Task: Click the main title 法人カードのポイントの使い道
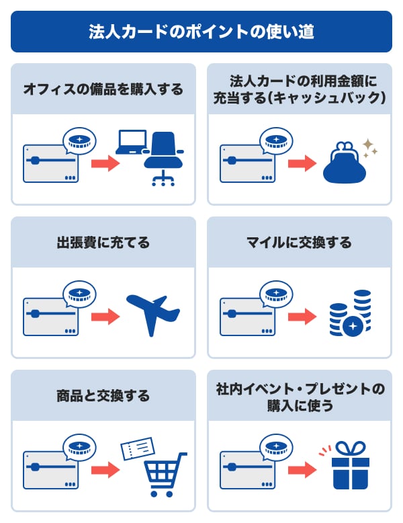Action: (201, 32)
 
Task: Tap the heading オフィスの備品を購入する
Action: (103, 89)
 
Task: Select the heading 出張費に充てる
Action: (103, 242)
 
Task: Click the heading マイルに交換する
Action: (300, 242)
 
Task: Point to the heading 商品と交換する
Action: (103, 395)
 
